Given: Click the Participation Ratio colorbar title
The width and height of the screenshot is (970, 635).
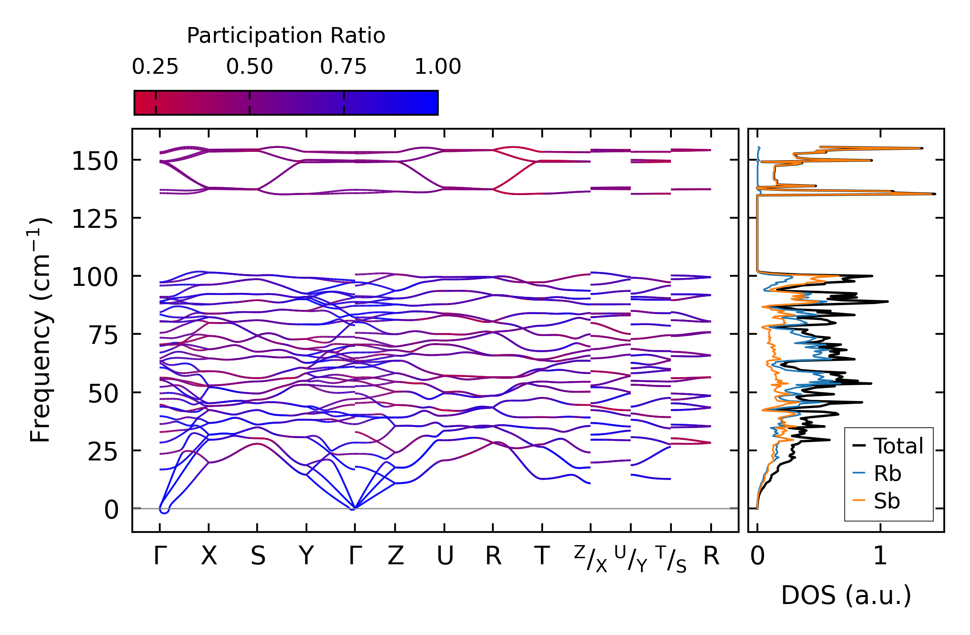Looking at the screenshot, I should pyautogui.click(x=286, y=36).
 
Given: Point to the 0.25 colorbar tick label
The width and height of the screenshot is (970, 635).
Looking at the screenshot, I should pyautogui.click(x=155, y=67).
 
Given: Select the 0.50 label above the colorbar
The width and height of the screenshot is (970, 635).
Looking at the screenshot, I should pyautogui.click(x=249, y=67).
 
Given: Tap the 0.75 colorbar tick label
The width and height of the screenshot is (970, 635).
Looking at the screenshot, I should pyautogui.click(x=343, y=67).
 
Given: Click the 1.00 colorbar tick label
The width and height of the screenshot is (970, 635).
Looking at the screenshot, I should pyautogui.click(x=437, y=67).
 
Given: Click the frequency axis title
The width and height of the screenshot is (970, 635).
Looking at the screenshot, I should pyautogui.click(x=40, y=330).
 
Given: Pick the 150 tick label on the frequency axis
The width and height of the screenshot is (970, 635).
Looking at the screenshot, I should pyautogui.click(x=95, y=161).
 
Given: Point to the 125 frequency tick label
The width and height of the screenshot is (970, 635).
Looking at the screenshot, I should pyautogui.click(x=95, y=219).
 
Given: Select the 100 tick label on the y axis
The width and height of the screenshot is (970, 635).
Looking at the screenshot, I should pyautogui.click(x=95, y=277).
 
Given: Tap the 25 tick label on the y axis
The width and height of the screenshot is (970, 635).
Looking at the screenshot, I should pyautogui.click(x=103, y=452).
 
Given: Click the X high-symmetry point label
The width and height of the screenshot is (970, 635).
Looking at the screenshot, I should pyautogui.click(x=209, y=556).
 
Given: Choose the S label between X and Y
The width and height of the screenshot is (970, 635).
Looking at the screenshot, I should pyautogui.click(x=258, y=556).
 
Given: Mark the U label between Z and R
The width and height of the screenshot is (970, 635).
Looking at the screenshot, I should pyautogui.click(x=444, y=556).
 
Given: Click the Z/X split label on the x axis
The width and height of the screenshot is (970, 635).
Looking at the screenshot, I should pyautogui.click(x=591, y=559).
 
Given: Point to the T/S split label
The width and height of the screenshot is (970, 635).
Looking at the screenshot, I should pyautogui.click(x=671, y=559).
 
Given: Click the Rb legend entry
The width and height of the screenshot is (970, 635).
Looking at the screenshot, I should pyautogui.click(x=887, y=474).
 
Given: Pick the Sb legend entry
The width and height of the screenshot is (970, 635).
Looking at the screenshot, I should pyautogui.click(x=887, y=501).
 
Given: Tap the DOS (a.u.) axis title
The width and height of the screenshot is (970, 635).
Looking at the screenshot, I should pyautogui.click(x=846, y=595).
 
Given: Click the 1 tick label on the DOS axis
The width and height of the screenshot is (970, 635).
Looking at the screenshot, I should pyautogui.click(x=880, y=556).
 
